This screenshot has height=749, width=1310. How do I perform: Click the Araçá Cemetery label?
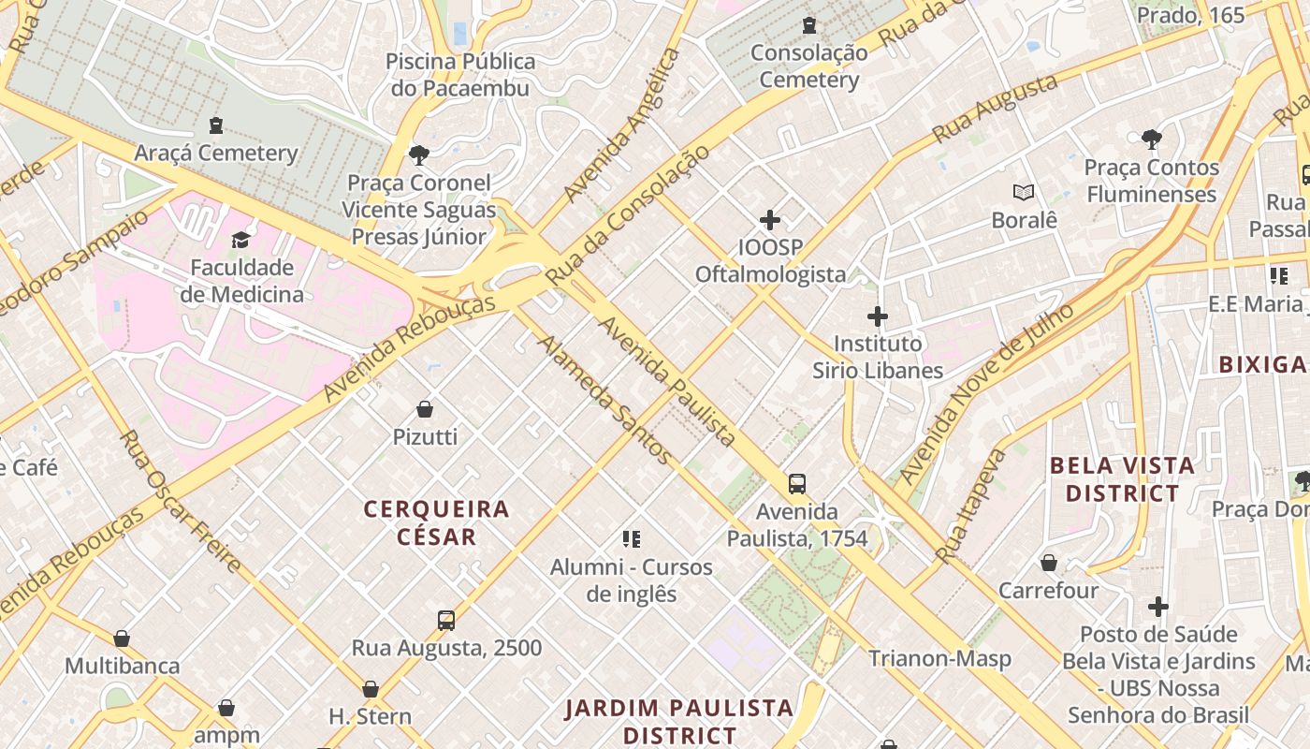click(x=216, y=153)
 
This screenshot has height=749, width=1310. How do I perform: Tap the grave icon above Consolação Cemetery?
click(x=809, y=25)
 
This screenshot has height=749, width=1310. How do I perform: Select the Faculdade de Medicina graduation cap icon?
click(x=241, y=240)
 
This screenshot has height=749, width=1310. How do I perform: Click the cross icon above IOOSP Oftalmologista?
click(x=770, y=220)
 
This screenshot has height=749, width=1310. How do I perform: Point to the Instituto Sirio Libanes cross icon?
click(x=878, y=316)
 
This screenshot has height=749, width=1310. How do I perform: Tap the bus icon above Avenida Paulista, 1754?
click(x=797, y=484)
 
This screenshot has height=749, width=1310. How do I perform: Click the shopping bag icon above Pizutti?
click(x=425, y=409)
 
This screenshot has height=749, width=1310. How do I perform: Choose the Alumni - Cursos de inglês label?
click(x=631, y=580)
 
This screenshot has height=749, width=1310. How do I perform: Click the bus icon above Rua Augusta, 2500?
click(x=446, y=620)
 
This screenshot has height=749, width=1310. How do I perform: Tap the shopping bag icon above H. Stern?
click(x=371, y=689)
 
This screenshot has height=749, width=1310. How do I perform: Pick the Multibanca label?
click(x=122, y=666)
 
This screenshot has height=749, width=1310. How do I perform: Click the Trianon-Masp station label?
click(x=939, y=658)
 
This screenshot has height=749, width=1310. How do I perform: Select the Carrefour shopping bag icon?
click(x=1049, y=563)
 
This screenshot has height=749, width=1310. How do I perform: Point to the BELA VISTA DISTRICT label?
click(x=1122, y=478)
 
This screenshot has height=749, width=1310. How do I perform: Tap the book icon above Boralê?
click(x=1025, y=192)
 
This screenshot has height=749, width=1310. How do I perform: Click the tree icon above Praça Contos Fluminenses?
click(x=1152, y=140)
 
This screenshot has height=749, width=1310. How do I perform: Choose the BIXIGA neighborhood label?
click(x=1262, y=364)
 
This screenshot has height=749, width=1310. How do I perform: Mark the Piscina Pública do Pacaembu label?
click(x=461, y=75)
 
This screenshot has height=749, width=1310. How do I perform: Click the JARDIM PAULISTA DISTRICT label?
click(x=679, y=721)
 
